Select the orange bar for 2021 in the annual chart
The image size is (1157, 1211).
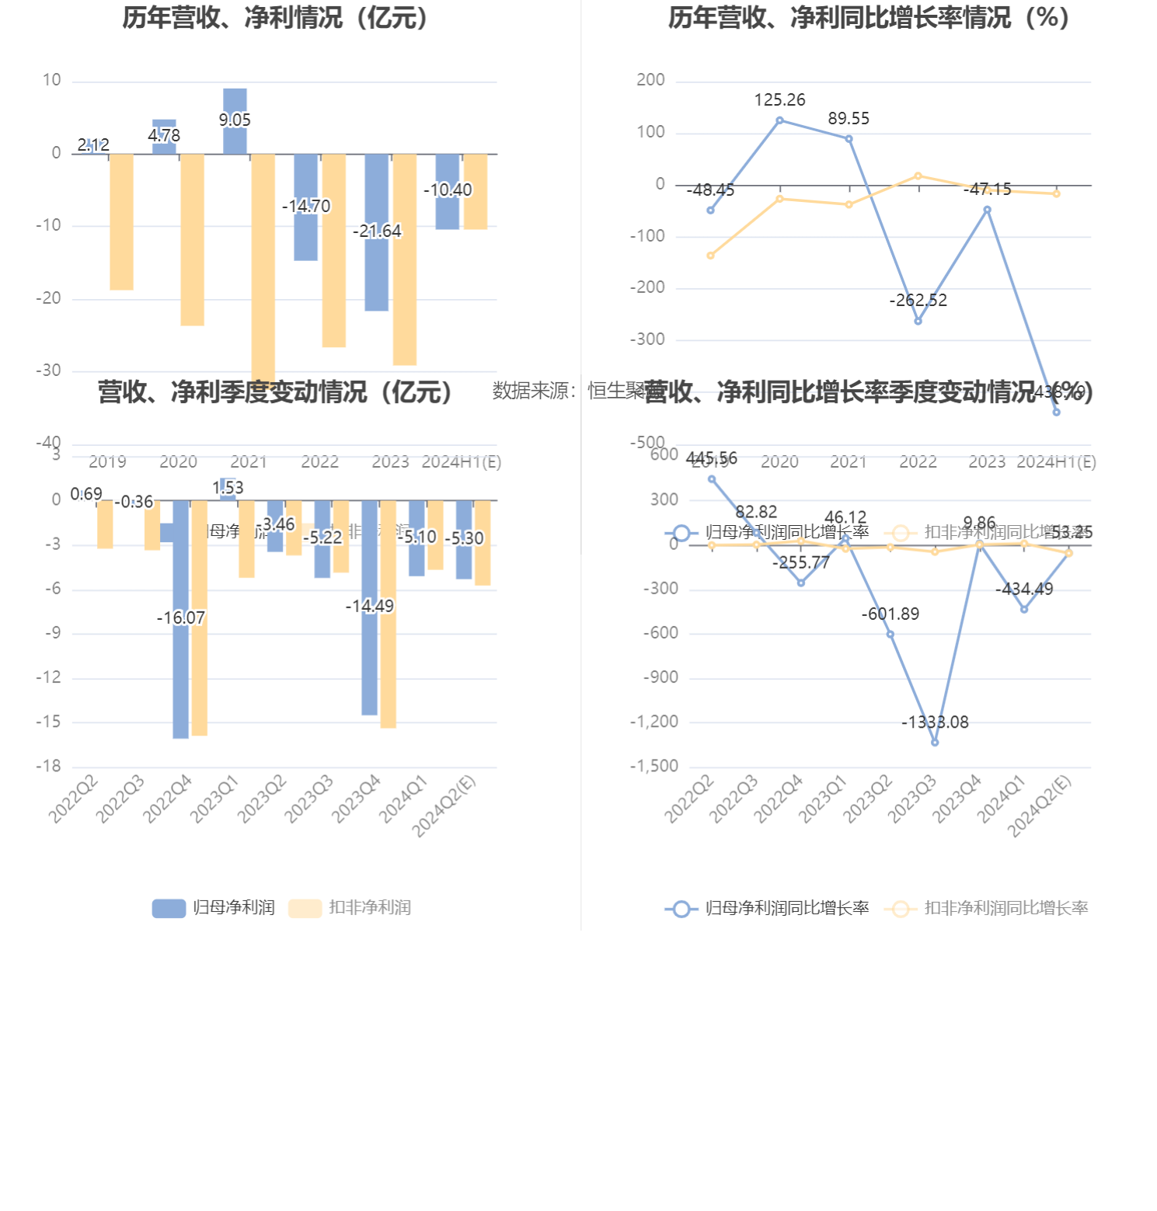click(263, 264)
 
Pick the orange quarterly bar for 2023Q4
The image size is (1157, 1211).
click(388, 614)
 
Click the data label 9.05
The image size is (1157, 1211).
click(235, 120)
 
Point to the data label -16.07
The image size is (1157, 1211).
click(181, 618)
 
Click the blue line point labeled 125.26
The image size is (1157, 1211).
click(779, 120)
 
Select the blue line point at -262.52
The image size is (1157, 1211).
click(918, 321)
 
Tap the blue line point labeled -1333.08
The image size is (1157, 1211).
click(935, 743)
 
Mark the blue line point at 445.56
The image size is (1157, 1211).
click(712, 479)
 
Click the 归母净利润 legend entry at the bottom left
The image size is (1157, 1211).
click(214, 907)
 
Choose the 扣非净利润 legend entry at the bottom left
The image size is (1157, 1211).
click(350, 907)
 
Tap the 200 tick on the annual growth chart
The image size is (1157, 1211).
click(650, 80)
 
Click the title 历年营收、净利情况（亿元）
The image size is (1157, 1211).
click(277, 17)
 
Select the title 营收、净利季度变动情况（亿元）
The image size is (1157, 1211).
click(277, 391)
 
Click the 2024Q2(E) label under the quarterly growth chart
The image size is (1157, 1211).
click(1040, 806)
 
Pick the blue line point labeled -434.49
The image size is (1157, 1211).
click(1024, 610)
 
